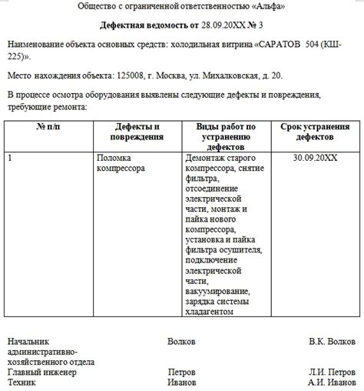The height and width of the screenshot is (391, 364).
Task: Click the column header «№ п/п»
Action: tap(48, 125)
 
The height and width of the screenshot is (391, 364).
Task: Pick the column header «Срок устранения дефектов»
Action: tap(315, 131)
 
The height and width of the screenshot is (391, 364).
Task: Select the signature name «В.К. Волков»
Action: tap(332, 340)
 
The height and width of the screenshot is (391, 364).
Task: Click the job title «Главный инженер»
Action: tap(42, 372)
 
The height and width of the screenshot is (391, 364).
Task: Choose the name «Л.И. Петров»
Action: tap(332, 372)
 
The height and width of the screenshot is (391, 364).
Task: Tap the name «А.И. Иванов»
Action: tap(332, 382)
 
